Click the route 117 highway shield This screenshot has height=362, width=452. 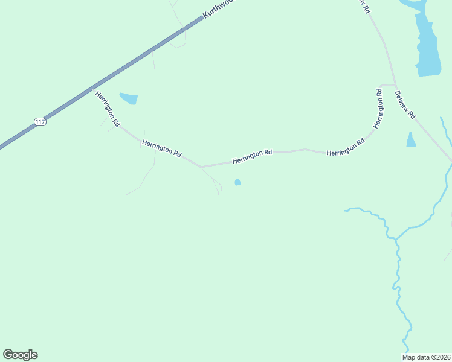coord(40,122)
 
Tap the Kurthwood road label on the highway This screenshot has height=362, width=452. coord(218,8)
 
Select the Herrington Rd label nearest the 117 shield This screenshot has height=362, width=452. coord(106,109)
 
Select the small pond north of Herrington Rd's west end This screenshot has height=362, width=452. coord(129,98)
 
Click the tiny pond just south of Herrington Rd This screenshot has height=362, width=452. coord(237,182)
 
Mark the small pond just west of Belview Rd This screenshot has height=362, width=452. coord(411,141)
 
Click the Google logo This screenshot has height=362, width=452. coord(20,355)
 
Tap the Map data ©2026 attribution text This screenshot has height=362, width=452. coord(426,357)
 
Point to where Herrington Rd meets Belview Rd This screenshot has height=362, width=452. coord(395,86)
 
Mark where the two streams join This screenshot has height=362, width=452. coord(396,239)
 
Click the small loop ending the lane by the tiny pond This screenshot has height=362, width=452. coord(219,189)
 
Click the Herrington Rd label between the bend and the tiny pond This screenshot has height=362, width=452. coord(161,148)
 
